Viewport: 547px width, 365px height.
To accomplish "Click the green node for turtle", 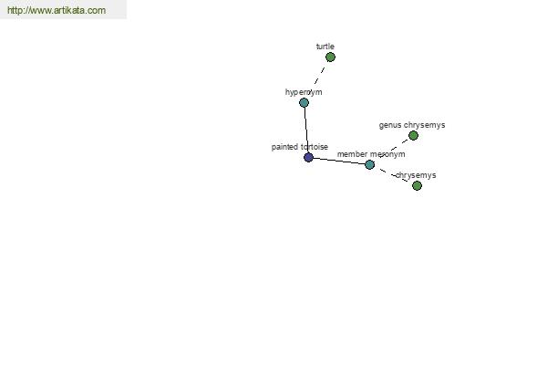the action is point(330,57).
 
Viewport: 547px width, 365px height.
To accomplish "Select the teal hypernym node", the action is point(304,103).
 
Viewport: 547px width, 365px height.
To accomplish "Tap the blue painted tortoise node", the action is point(308,157).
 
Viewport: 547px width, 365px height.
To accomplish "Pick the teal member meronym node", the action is point(370,164).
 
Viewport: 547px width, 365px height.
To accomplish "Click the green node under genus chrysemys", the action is point(413,136).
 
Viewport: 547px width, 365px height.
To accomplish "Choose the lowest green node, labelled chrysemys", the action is point(417,185).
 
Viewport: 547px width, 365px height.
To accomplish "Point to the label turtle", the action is point(325,47).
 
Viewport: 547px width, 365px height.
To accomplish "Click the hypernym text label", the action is point(304,92).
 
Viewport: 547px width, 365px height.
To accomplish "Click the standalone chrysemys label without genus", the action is point(416,175).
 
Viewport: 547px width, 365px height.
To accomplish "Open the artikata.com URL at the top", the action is point(57,10).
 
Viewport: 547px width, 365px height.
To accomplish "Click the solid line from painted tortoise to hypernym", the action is point(306,130).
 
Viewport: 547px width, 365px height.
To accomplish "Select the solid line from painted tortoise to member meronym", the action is point(339,161).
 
